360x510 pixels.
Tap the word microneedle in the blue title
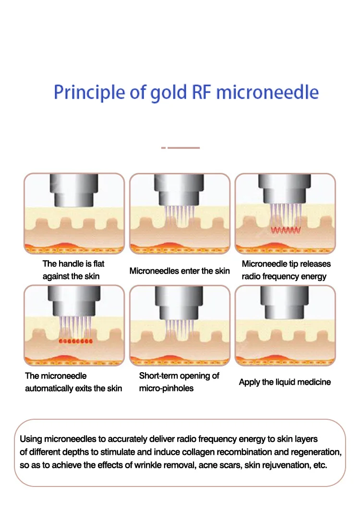pos(267,92)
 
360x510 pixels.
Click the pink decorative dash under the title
pos(183,148)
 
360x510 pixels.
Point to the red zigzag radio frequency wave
pos(285,230)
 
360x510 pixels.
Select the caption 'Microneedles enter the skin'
pos(180,271)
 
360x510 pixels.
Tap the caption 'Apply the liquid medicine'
pos(285,382)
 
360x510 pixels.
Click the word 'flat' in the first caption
pos(96,264)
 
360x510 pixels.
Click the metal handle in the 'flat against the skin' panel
pos(74,190)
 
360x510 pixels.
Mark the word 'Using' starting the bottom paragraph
pos(30,439)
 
